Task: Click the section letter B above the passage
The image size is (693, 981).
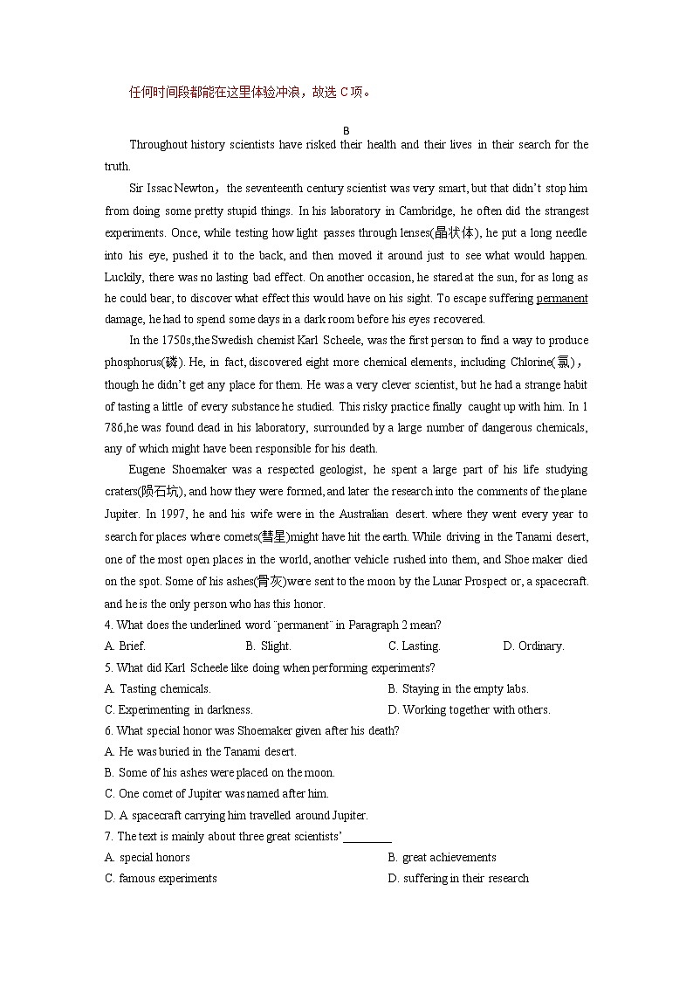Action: tap(346, 130)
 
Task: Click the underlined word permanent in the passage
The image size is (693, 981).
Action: tap(561, 299)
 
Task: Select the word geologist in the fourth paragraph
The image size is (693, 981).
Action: tap(335, 470)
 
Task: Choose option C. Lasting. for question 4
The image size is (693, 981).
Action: tap(415, 646)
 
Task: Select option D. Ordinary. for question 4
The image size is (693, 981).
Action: tap(533, 646)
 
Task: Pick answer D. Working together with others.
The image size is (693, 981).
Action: tap(469, 710)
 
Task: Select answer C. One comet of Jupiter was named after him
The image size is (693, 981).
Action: tap(216, 794)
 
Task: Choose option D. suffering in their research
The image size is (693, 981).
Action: tap(458, 879)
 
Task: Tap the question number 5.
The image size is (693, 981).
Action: tap(107, 668)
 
